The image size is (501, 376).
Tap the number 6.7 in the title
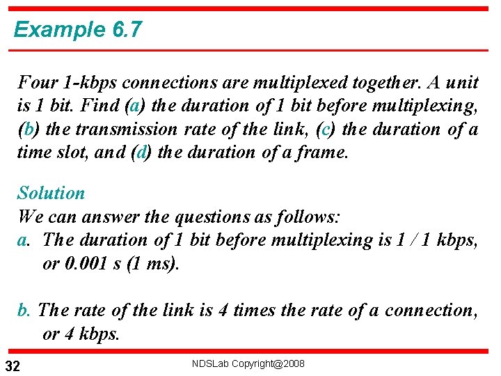125,30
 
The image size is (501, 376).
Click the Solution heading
51,193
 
